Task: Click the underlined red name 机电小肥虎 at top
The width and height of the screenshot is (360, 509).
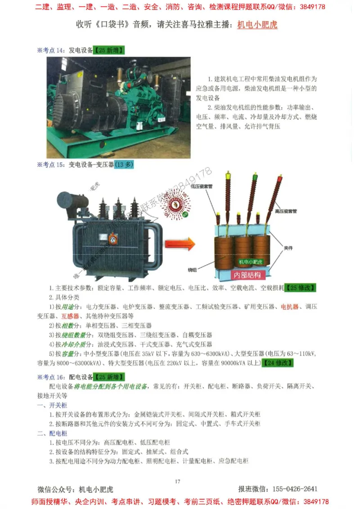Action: [x=257, y=25]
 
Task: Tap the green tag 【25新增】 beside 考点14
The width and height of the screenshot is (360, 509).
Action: [x=109, y=50]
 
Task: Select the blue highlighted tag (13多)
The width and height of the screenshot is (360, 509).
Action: [x=124, y=165]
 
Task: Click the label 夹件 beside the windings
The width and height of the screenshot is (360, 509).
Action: [x=288, y=247]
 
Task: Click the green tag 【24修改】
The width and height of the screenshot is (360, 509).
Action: [x=278, y=363]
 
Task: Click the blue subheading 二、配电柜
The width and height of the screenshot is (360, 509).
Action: [x=52, y=433]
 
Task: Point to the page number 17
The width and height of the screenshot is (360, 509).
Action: [x=177, y=482]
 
